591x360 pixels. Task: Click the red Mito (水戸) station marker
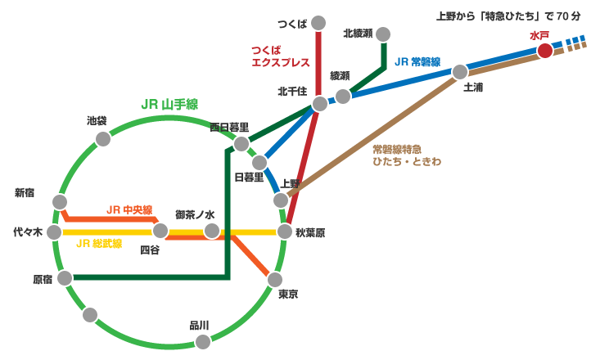pyautogui.click(x=545, y=51)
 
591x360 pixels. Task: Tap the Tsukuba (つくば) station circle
pyautogui.click(x=318, y=22)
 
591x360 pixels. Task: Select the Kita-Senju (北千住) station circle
pyautogui.click(x=320, y=104)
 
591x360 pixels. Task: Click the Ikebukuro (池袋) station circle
pyautogui.click(x=103, y=139)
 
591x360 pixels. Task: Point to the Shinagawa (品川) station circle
pyautogui.click(x=202, y=341)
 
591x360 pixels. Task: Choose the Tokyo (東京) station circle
pyautogui.click(x=275, y=280)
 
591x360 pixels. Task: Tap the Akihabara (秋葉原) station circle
pyautogui.click(x=284, y=232)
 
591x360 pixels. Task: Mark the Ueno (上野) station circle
pyautogui.click(x=281, y=200)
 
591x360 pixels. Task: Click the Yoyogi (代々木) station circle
pyautogui.click(x=54, y=232)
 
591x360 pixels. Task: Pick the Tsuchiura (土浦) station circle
pyautogui.click(x=460, y=72)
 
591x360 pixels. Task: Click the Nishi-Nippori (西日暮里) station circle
pyautogui.click(x=241, y=144)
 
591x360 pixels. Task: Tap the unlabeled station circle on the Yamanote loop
pyautogui.click(x=90, y=314)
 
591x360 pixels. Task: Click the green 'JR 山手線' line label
pyautogui.click(x=169, y=104)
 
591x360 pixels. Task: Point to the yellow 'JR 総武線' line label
pyautogui.click(x=98, y=244)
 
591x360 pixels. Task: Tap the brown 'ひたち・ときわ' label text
pyautogui.click(x=407, y=162)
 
